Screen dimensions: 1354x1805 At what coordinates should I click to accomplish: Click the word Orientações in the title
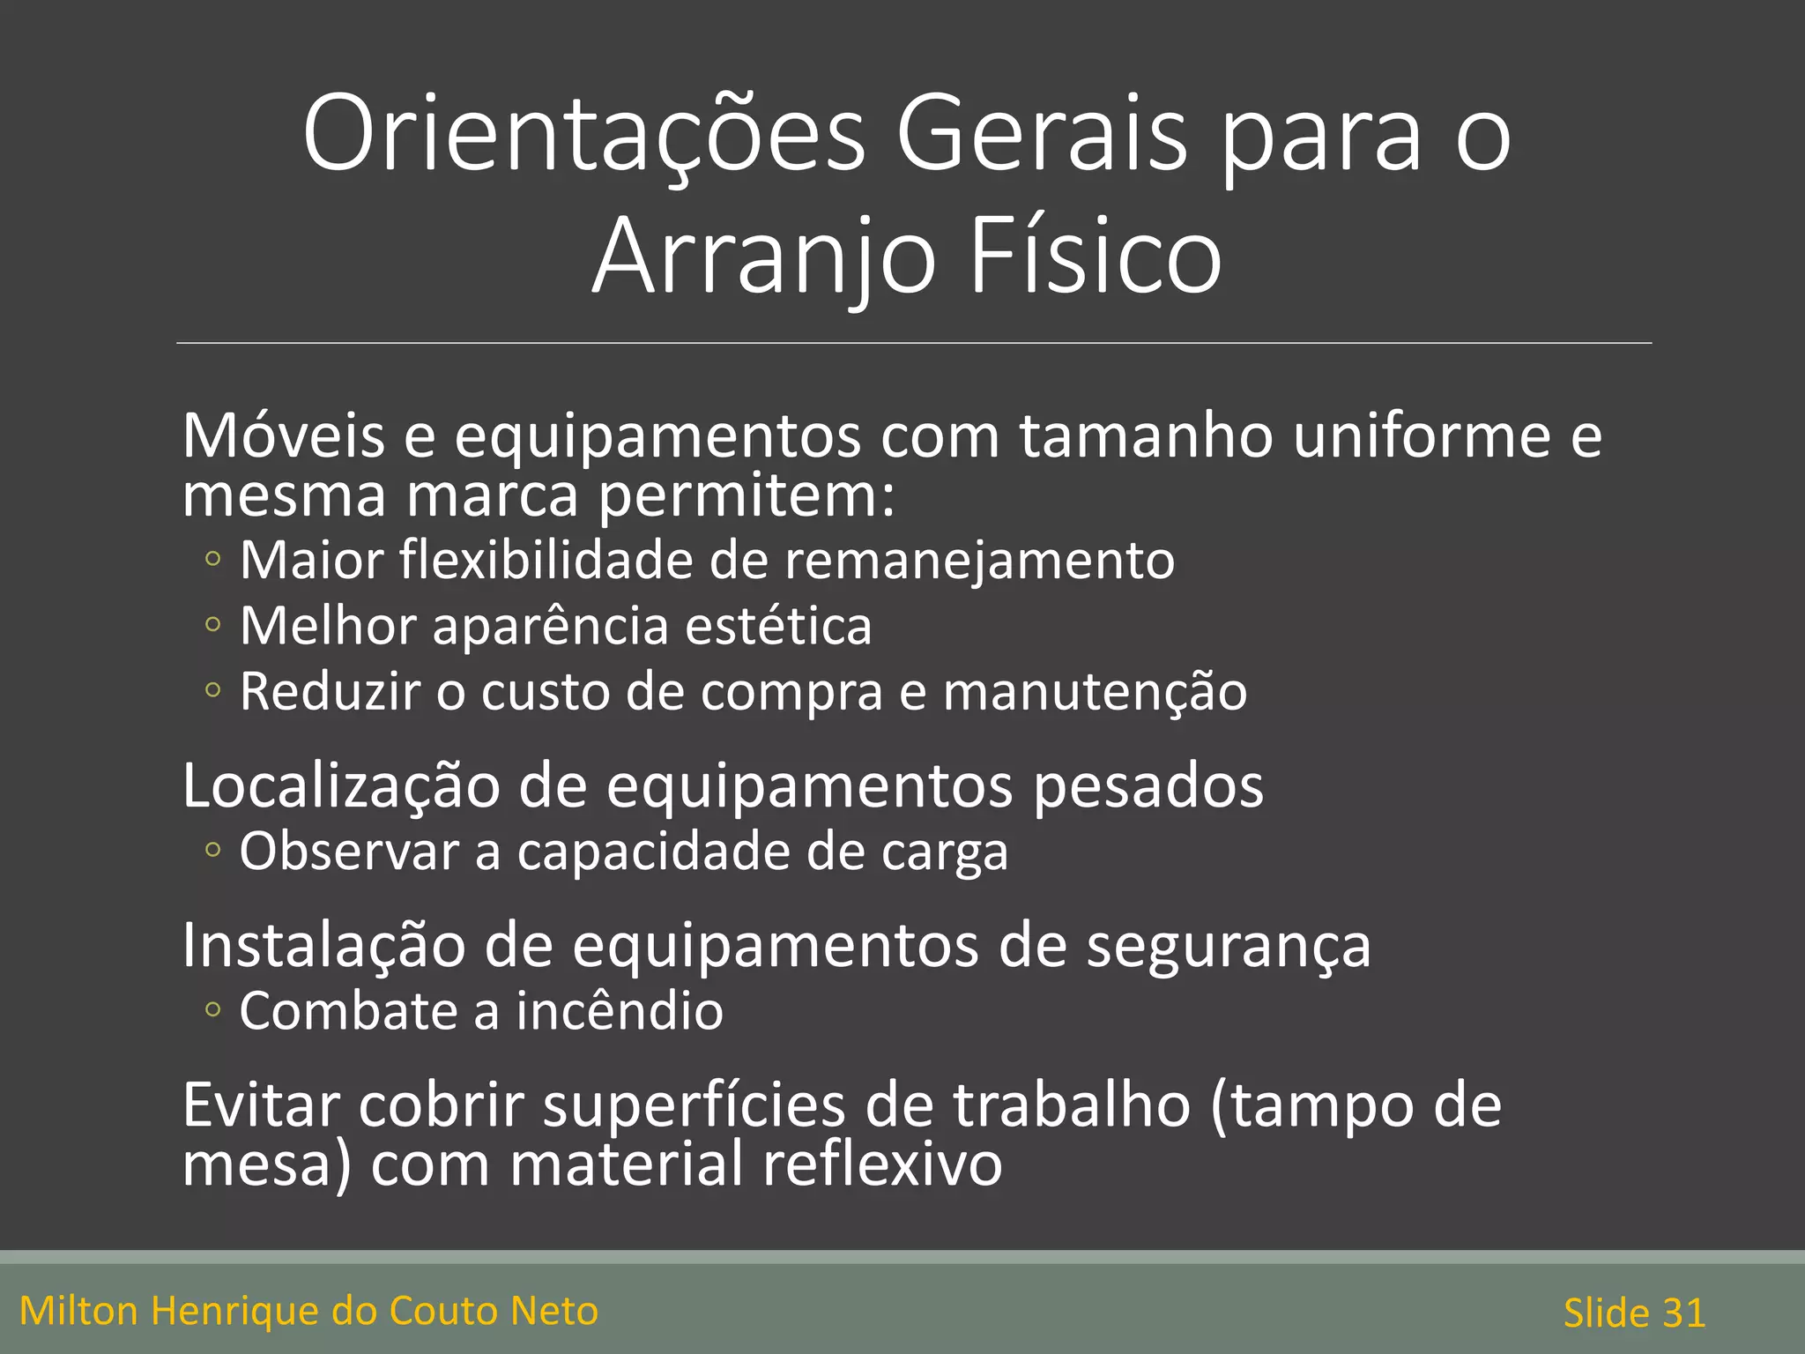click(x=584, y=135)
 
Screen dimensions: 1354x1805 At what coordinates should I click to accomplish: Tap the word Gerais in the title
click(x=1042, y=135)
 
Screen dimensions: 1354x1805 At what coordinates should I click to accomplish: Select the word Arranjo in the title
click(x=763, y=257)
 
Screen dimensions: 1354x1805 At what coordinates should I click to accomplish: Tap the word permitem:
click(x=747, y=495)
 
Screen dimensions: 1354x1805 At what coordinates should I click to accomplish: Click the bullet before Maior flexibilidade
click(x=212, y=559)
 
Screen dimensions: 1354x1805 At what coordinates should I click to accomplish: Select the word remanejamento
click(x=979, y=561)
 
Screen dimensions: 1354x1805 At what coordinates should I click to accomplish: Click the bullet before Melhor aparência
click(x=212, y=625)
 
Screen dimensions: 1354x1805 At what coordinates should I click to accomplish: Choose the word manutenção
click(x=1095, y=692)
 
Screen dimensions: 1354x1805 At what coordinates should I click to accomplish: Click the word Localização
click(x=340, y=785)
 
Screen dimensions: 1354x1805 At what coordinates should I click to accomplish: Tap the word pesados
click(x=1148, y=785)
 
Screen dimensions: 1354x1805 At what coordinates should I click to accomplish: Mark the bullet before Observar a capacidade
click(x=212, y=851)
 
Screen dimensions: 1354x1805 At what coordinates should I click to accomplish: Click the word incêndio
click(x=620, y=1010)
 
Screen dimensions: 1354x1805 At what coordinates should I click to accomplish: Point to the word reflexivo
click(x=881, y=1164)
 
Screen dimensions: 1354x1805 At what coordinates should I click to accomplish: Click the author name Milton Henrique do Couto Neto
click(x=308, y=1311)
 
